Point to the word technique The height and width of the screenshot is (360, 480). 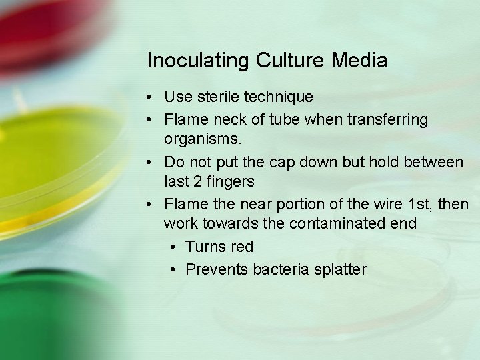tap(279, 97)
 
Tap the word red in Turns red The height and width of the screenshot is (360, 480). tap(241, 247)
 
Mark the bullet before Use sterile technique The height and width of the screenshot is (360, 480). tap(153, 97)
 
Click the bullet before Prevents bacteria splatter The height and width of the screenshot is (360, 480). tap(173, 269)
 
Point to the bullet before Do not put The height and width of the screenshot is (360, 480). tap(153, 162)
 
